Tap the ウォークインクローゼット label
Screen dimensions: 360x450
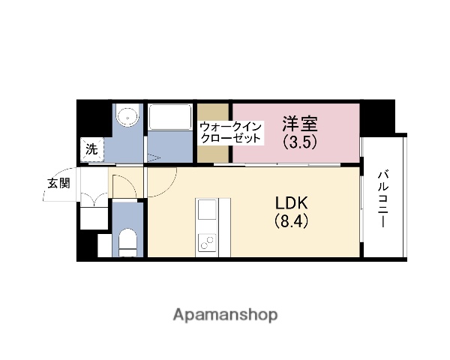[230, 133]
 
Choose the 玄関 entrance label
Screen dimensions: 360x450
[58, 182]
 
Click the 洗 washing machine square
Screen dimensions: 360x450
[91, 148]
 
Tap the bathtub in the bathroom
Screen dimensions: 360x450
[170, 118]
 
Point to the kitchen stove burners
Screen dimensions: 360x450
[205, 242]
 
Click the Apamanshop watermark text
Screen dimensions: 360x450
[226, 313]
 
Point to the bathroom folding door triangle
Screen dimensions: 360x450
[153, 158]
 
